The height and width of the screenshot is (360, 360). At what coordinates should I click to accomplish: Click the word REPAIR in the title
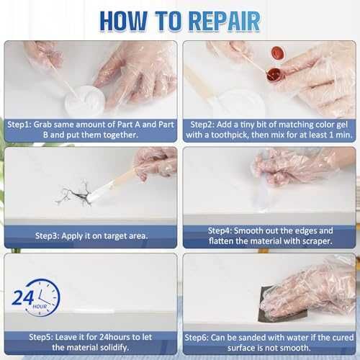click(x=225, y=21)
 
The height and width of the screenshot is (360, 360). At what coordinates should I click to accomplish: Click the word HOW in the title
click(x=123, y=21)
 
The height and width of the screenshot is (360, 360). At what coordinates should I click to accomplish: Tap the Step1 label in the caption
click(x=19, y=125)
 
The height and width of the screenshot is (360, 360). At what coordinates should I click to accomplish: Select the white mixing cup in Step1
click(x=85, y=102)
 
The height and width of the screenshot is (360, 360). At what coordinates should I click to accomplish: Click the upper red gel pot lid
click(x=278, y=53)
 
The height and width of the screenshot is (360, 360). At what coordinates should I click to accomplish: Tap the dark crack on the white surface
click(x=74, y=194)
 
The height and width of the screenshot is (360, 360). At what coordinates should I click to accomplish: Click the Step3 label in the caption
click(x=47, y=236)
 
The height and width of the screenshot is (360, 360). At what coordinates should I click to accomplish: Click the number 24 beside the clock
click(x=22, y=298)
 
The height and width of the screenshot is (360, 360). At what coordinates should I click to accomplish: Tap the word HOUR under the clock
click(x=40, y=307)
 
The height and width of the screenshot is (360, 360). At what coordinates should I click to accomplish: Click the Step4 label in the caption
click(x=220, y=231)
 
